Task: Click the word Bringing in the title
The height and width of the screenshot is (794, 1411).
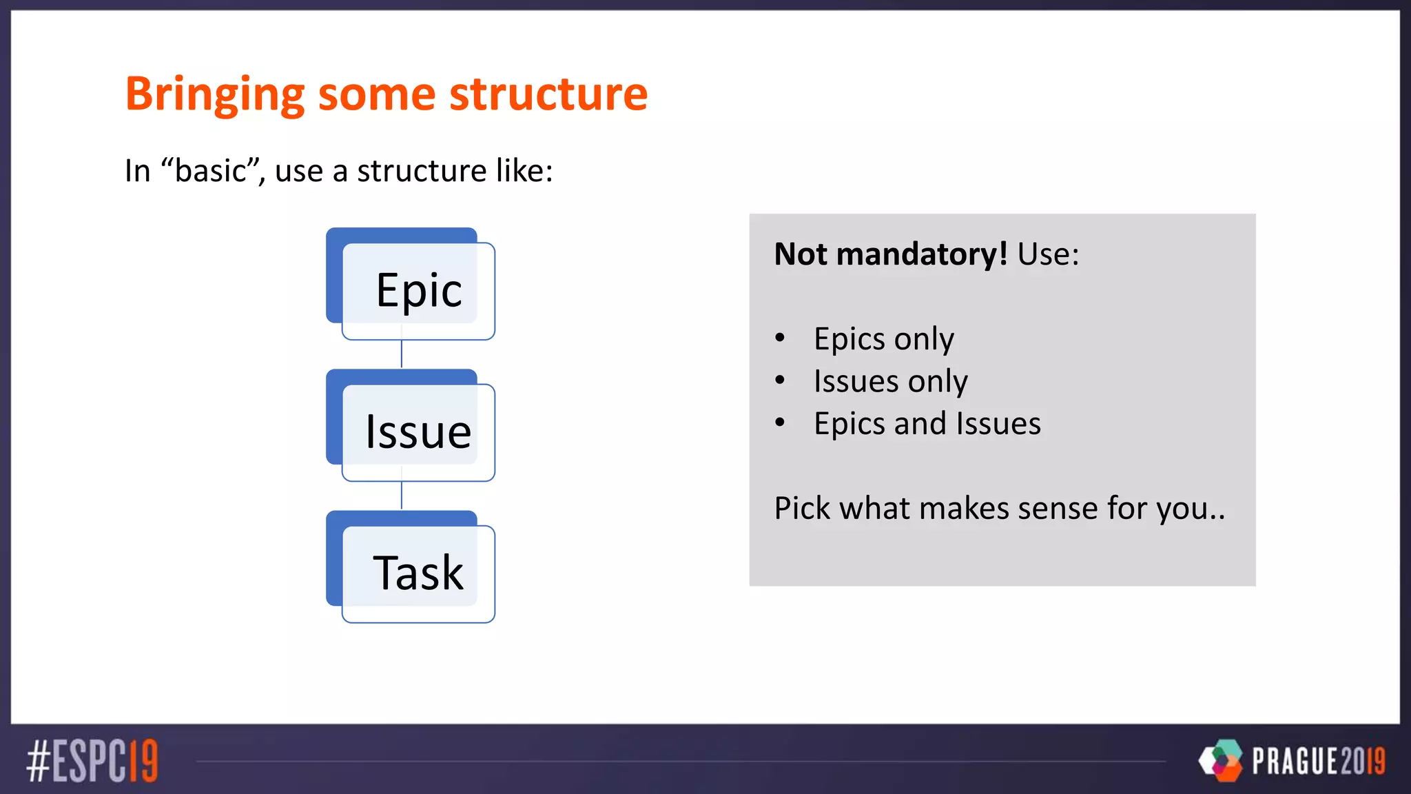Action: coord(214,94)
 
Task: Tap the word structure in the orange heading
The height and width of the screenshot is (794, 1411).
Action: coord(548,94)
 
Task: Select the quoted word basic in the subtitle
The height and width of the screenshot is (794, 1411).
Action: coord(209,170)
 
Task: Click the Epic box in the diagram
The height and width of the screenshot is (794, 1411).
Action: coord(418,289)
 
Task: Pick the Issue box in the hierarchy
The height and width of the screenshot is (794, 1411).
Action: coord(418,431)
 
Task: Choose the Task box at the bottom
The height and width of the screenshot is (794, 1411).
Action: coord(418,573)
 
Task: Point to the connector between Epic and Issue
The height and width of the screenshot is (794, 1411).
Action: coord(402,354)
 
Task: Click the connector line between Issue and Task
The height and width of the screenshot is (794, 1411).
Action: coord(402,496)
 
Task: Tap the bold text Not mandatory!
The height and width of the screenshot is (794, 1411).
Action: coord(890,254)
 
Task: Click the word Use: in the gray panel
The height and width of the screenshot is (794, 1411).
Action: coord(1048,254)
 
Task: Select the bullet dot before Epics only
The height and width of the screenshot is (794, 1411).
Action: coord(780,338)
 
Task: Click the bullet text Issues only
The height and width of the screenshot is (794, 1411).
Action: coord(890,381)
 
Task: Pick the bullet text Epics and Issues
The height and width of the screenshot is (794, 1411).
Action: coord(927,423)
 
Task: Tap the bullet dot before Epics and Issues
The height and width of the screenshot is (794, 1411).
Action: coord(780,423)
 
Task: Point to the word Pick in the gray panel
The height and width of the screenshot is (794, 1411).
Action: coord(802,509)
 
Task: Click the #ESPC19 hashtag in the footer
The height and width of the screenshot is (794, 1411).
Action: coord(92,762)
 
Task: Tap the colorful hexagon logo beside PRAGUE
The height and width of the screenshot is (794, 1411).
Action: coord(1221,760)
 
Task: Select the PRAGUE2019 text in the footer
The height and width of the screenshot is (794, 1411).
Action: coord(1318,761)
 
